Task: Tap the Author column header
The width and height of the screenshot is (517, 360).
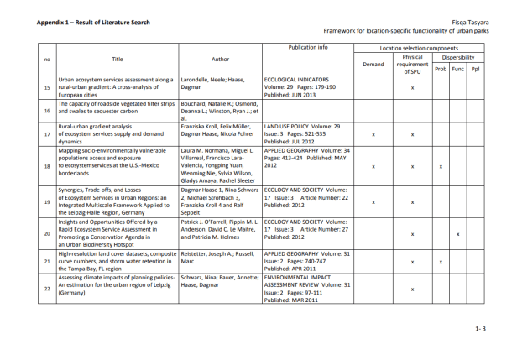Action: pyautogui.click(x=220, y=59)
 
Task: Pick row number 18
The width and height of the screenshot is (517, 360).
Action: pyautogui.click(x=47, y=167)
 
